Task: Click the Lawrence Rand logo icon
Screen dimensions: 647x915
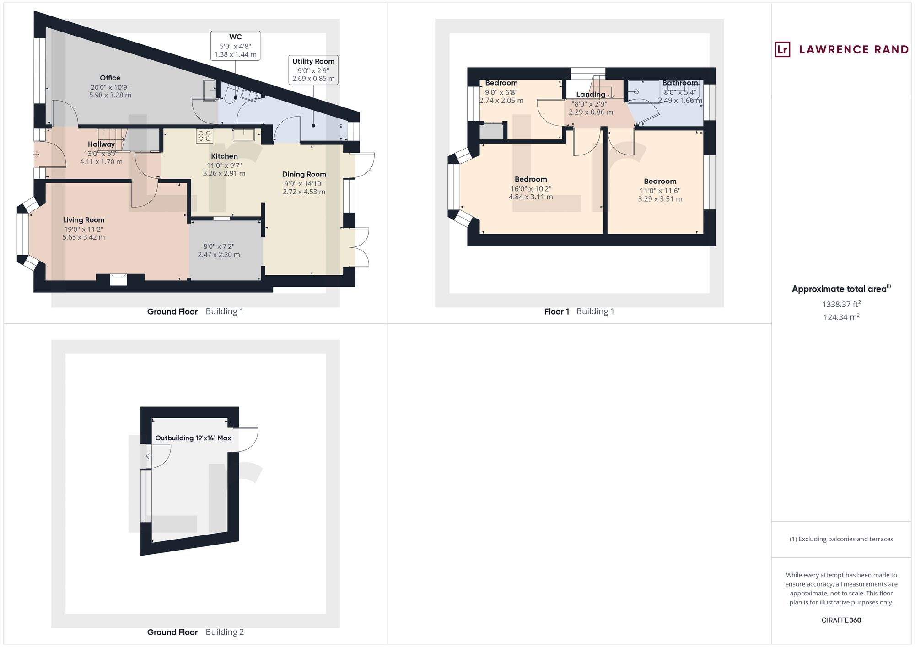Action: pyautogui.click(x=782, y=49)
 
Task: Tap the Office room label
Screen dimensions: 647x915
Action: pyautogui.click(x=110, y=78)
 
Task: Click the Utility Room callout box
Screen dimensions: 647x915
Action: pyautogui.click(x=313, y=70)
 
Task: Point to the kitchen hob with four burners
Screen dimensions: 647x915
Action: pyautogui.click(x=204, y=136)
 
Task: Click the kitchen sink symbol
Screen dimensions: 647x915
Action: pyautogui.click(x=243, y=134)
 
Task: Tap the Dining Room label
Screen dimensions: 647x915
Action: pyautogui.click(x=304, y=174)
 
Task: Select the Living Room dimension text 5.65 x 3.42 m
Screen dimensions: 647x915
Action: pyautogui.click(x=84, y=237)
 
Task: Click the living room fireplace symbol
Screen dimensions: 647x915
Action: pyautogui.click(x=118, y=279)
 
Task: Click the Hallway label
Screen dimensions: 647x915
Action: pyautogui.click(x=101, y=144)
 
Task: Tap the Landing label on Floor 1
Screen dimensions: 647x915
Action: pyautogui.click(x=590, y=95)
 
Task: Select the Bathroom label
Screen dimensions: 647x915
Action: pyautogui.click(x=680, y=83)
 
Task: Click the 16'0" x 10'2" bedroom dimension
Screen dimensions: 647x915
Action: pyautogui.click(x=531, y=189)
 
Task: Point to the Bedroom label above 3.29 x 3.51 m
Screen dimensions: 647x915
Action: pyautogui.click(x=660, y=182)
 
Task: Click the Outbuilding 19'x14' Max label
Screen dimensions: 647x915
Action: pyautogui.click(x=193, y=438)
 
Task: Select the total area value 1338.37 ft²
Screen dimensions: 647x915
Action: pyautogui.click(x=841, y=304)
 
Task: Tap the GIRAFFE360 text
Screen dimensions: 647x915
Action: pyautogui.click(x=841, y=620)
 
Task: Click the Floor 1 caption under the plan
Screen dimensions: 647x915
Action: pyautogui.click(x=556, y=312)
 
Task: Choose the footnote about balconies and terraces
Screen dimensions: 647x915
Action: pyautogui.click(x=841, y=539)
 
